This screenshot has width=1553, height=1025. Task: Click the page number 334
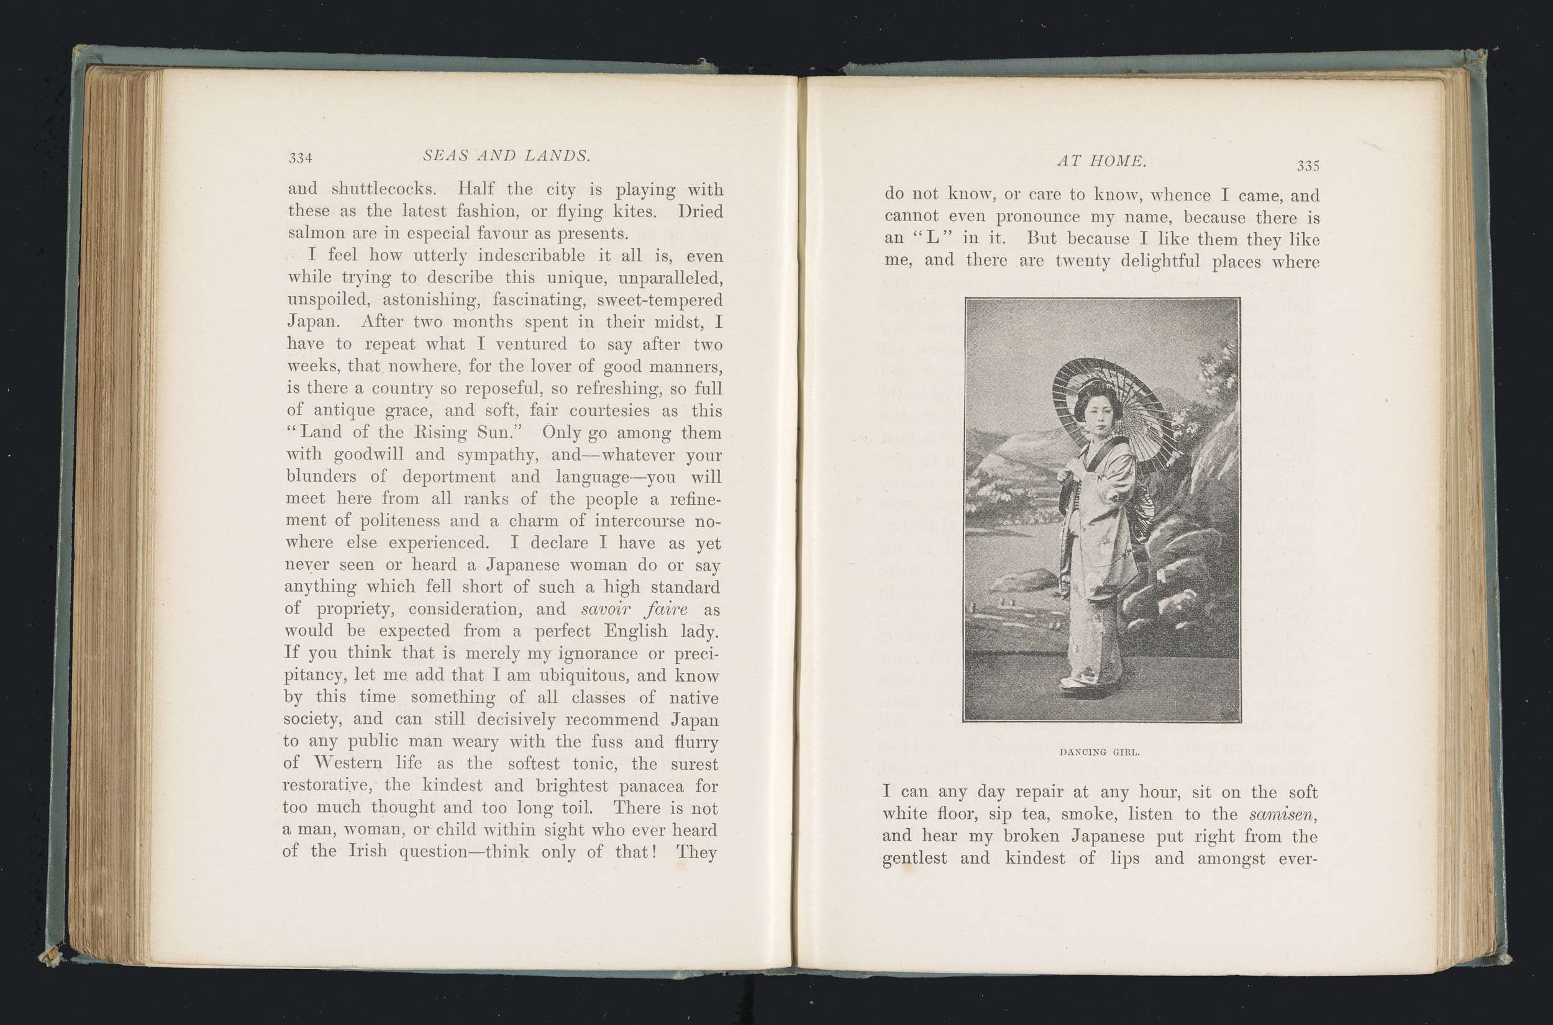[x=301, y=158]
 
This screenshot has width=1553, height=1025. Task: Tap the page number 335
[x=1308, y=166]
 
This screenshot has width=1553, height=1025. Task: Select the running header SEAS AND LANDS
[x=507, y=156]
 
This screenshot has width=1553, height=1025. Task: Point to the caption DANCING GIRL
[x=1100, y=752]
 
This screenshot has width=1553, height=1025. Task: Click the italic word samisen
[x=1282, y=815]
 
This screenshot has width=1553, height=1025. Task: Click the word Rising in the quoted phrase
[x=440, y=433]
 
